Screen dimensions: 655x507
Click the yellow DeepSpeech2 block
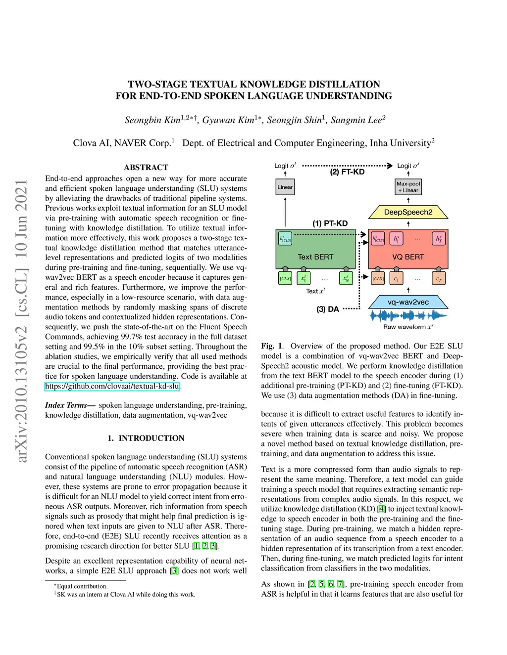click(x=408, y=212)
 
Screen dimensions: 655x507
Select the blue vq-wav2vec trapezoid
click(x=408, y=302)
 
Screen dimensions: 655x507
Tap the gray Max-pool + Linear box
click(x=408, y=187)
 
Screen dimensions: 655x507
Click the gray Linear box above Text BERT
click(x=285, y=187)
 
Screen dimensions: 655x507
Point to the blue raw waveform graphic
click(x=408, y=315)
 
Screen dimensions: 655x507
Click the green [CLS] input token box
click(x=285, y=279)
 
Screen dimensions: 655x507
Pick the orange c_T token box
click(x=439, y=279)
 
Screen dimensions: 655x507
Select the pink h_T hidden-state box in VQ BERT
click(x=439, y=239)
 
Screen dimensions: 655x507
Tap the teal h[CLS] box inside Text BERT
click(x=285, y=239)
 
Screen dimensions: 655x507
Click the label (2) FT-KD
click(x=347, y=172)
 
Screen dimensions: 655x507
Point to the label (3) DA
click(x=328, y=309)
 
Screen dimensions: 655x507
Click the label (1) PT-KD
click(x=330, y=223)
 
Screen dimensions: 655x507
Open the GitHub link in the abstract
click(x=112, y=386)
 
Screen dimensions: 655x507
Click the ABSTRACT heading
click(x=146, y=168)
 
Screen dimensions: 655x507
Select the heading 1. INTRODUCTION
click(x=146, y=438)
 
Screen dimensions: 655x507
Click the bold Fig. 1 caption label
click(x=272, y=346)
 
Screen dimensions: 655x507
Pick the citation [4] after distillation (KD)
click(x=381, y=509)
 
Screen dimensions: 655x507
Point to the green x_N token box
click(x=346, y=279)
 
